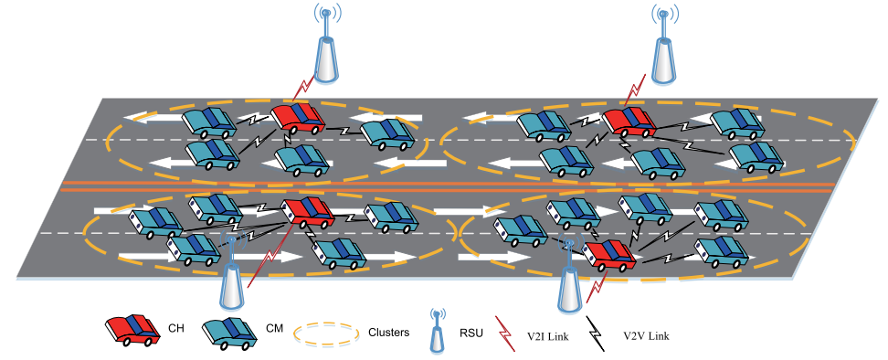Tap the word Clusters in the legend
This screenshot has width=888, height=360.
[x=388, y=333]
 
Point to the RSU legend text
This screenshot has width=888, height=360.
[x=472, y=334]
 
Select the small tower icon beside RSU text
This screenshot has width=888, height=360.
[x=435, y=330]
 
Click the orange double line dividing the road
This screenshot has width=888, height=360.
[x=448, y=186]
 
